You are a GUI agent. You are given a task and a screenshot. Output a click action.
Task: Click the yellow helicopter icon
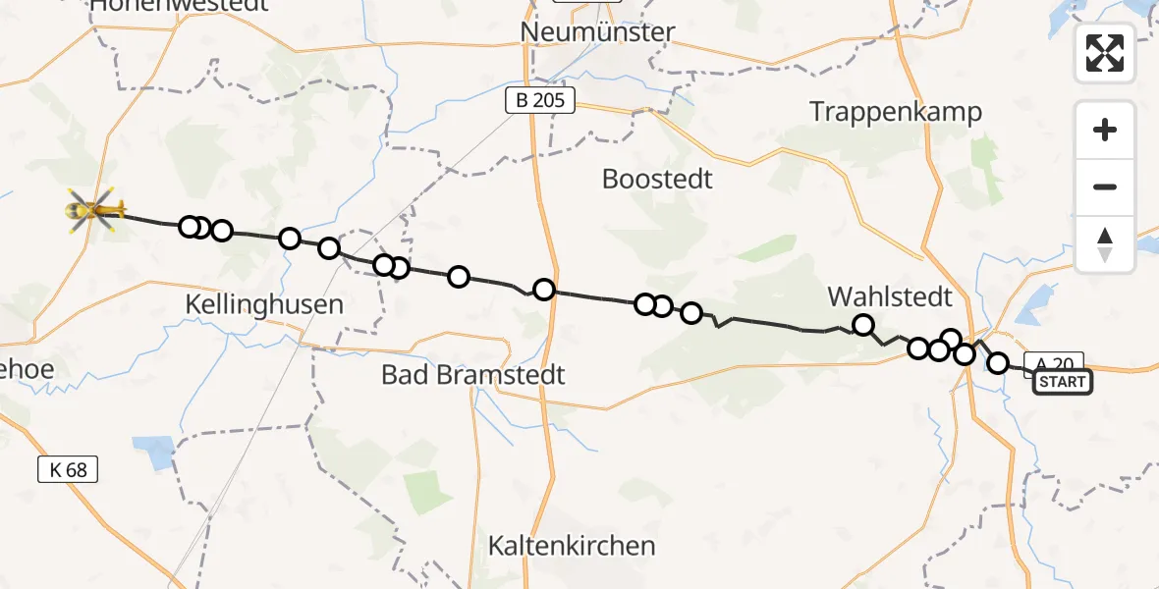click(x=95, y=209)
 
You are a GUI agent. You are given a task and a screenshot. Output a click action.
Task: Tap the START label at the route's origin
click(x=1062, y=382)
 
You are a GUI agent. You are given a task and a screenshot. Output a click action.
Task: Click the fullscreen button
click(x=1105, y=53)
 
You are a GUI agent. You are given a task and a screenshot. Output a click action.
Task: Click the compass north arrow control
click(x=1105, y=244)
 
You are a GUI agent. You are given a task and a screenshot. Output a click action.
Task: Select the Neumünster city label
click(x=597, y=32)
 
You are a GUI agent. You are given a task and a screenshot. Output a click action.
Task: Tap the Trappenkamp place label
click(x=896, y=112)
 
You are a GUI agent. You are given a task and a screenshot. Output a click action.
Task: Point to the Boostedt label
click(x=657, y=180)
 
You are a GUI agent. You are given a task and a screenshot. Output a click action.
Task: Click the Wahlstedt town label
click(x=890, y=295)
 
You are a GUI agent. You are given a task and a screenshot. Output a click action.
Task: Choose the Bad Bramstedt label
click(x=473, y=375)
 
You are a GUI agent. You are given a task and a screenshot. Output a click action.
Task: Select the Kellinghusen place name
click(x=264, y=304)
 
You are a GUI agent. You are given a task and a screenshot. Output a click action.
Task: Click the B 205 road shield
click(x=539, y=100)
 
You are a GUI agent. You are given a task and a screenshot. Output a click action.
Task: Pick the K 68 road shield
click(x=68, y=469)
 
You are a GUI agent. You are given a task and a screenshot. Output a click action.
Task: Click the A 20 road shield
click(x=1054, y=362)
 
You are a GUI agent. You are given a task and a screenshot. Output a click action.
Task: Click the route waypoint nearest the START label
click(x=998, y=363)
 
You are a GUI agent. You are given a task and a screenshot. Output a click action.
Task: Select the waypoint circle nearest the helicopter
click(x=190, y=227)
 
